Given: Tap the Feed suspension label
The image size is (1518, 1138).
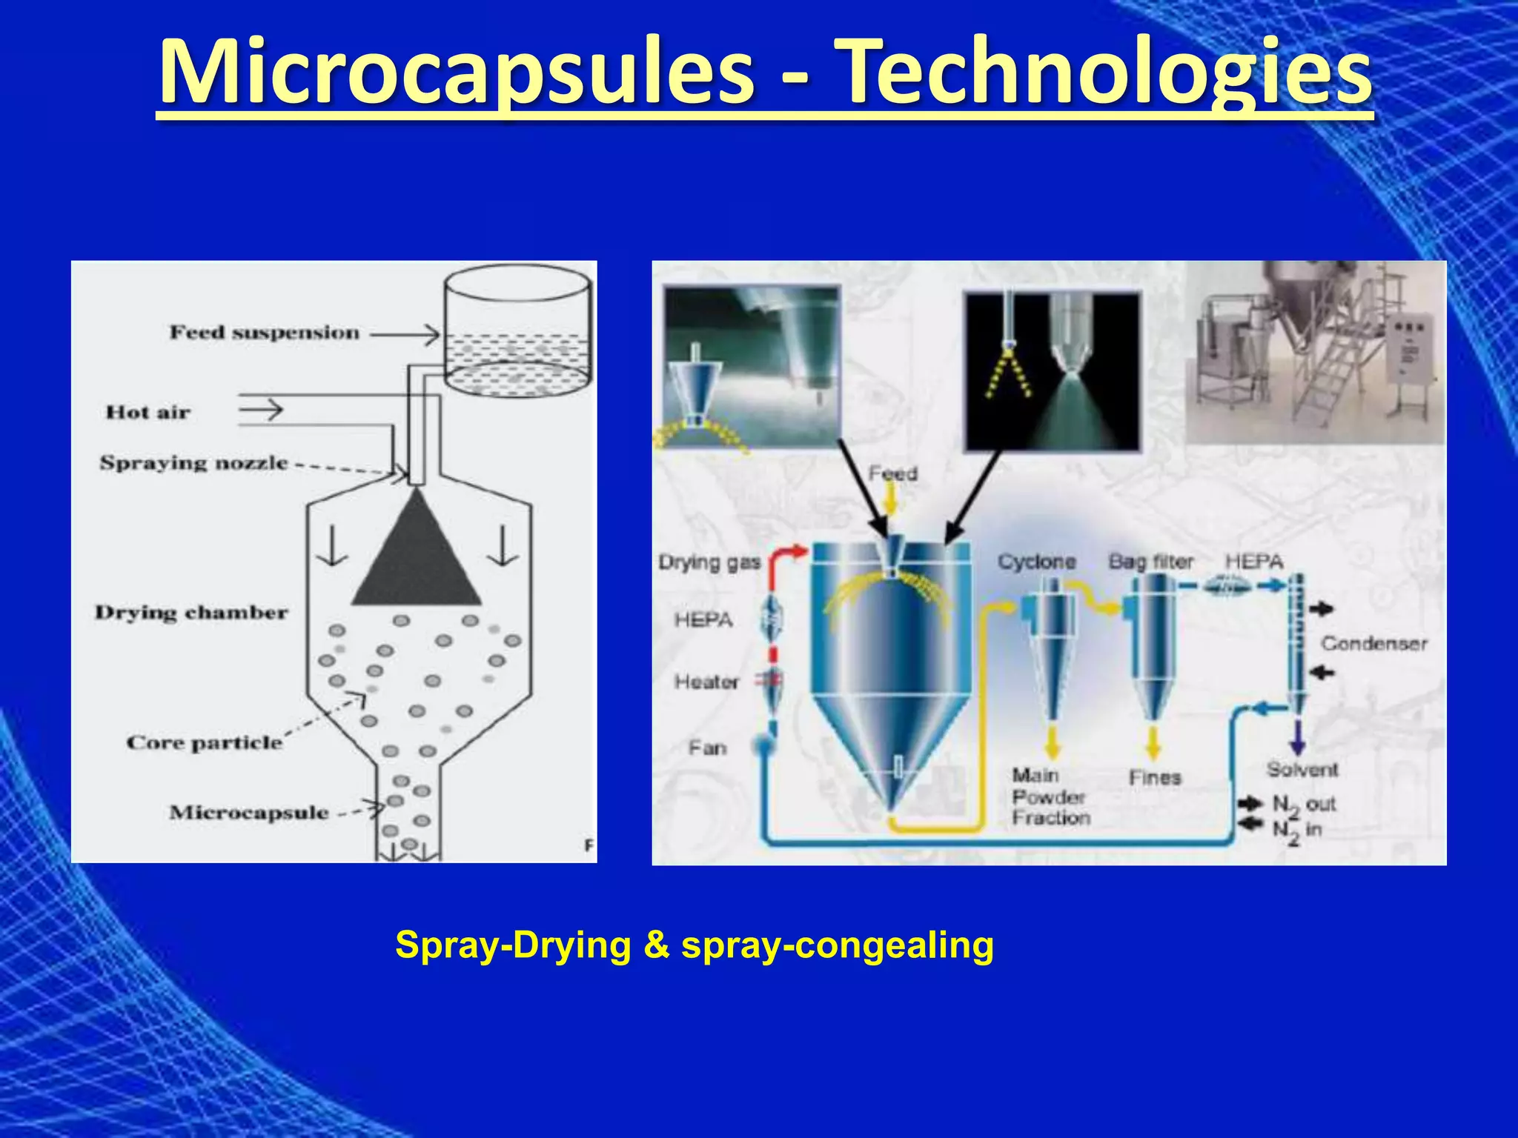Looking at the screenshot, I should click(265, 333).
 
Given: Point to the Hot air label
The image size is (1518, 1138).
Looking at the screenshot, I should click(148, 412).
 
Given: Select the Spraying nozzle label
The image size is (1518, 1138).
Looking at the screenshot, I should click(194, 463).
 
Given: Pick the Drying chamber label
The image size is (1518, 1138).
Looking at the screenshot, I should click(191, 613).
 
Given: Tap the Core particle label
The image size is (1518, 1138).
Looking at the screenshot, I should click(205, 742).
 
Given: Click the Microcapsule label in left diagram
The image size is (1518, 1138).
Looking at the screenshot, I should click(249, 813).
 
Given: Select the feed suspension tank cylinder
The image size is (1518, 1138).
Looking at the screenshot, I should click(517, 333).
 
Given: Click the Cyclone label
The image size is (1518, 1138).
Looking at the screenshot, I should click(1036, 562).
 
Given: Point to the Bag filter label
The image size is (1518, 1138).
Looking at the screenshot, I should click(1150, 562).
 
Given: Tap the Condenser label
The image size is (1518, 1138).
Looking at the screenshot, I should click(1373, 643).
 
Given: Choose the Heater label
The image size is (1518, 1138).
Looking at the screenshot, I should click(706, 682).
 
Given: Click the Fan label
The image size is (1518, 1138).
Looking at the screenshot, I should click(707, 748).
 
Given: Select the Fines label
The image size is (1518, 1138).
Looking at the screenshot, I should click(1154, 777).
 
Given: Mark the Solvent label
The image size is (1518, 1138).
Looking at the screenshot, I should click(1302, 770).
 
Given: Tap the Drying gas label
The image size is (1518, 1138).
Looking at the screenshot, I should click(709, 563).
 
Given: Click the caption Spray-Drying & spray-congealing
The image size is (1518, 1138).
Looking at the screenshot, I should click(695, 945).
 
